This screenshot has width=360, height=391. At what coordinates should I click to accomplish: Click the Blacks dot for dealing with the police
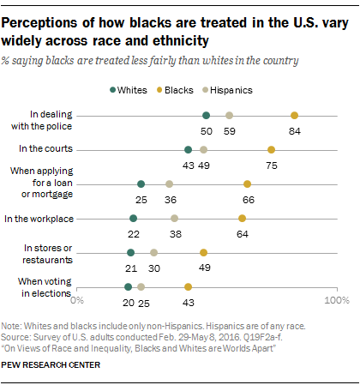[x=294, y=115]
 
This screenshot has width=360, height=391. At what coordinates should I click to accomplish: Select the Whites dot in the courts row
[x=188, y=149]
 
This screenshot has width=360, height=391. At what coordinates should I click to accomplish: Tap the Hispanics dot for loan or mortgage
[x=170, y=183]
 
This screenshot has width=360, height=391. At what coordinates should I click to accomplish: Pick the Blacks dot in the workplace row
[x=243, y=219]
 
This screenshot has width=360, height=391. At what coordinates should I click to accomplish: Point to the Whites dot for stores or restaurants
[x=130, y=252]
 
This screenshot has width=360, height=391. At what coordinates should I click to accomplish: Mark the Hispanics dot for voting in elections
[x=141, y=287]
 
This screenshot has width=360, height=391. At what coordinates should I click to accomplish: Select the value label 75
[x=271, y=165]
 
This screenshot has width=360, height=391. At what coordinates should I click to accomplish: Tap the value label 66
[x=248, y=199]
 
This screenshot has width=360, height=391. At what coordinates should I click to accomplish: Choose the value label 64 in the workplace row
[x=243, y=233]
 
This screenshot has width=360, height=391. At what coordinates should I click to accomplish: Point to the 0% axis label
[x=78, y=300]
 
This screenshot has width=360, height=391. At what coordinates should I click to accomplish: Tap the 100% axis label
[x=335, y=300]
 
